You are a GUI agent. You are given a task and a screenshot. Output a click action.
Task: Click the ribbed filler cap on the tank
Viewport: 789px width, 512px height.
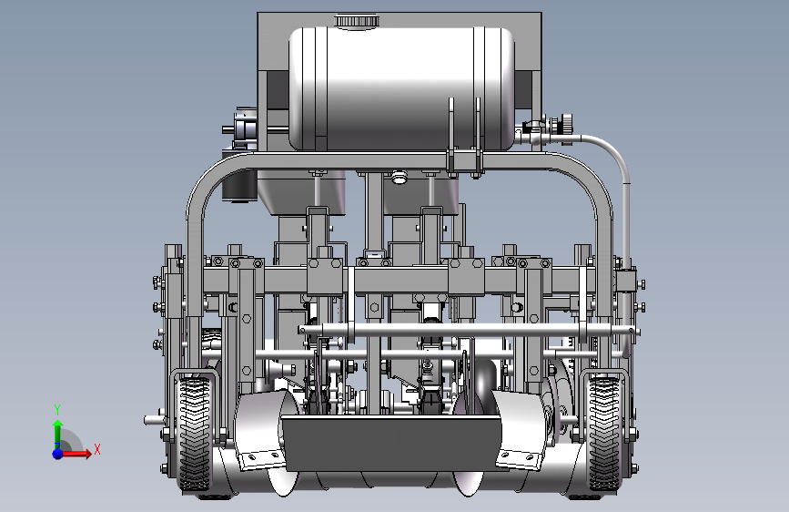356,21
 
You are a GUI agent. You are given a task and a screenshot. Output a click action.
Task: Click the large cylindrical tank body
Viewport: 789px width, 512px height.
401,88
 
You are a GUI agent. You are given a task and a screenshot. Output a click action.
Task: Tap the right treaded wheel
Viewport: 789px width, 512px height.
604,435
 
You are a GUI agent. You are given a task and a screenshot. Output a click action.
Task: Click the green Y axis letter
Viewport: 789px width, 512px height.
57,410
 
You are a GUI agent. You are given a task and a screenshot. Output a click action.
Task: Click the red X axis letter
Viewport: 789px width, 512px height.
97,449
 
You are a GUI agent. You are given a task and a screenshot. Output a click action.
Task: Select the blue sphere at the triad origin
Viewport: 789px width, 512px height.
58,454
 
